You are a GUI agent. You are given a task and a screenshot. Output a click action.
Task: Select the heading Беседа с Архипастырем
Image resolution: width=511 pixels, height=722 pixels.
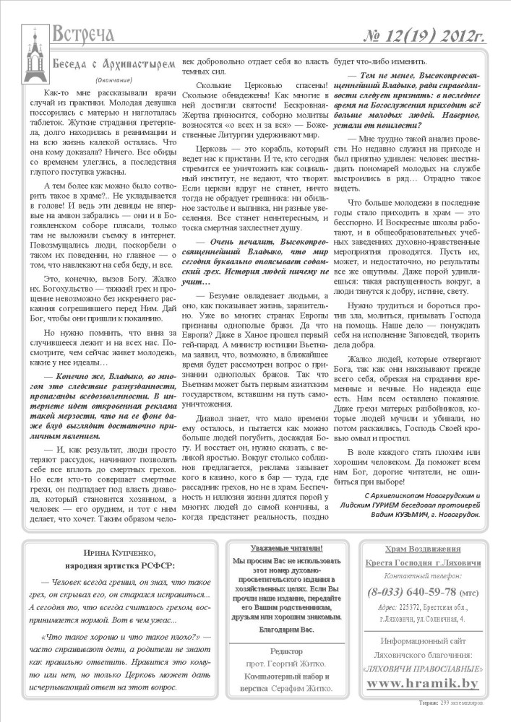[x=113, y=64]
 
